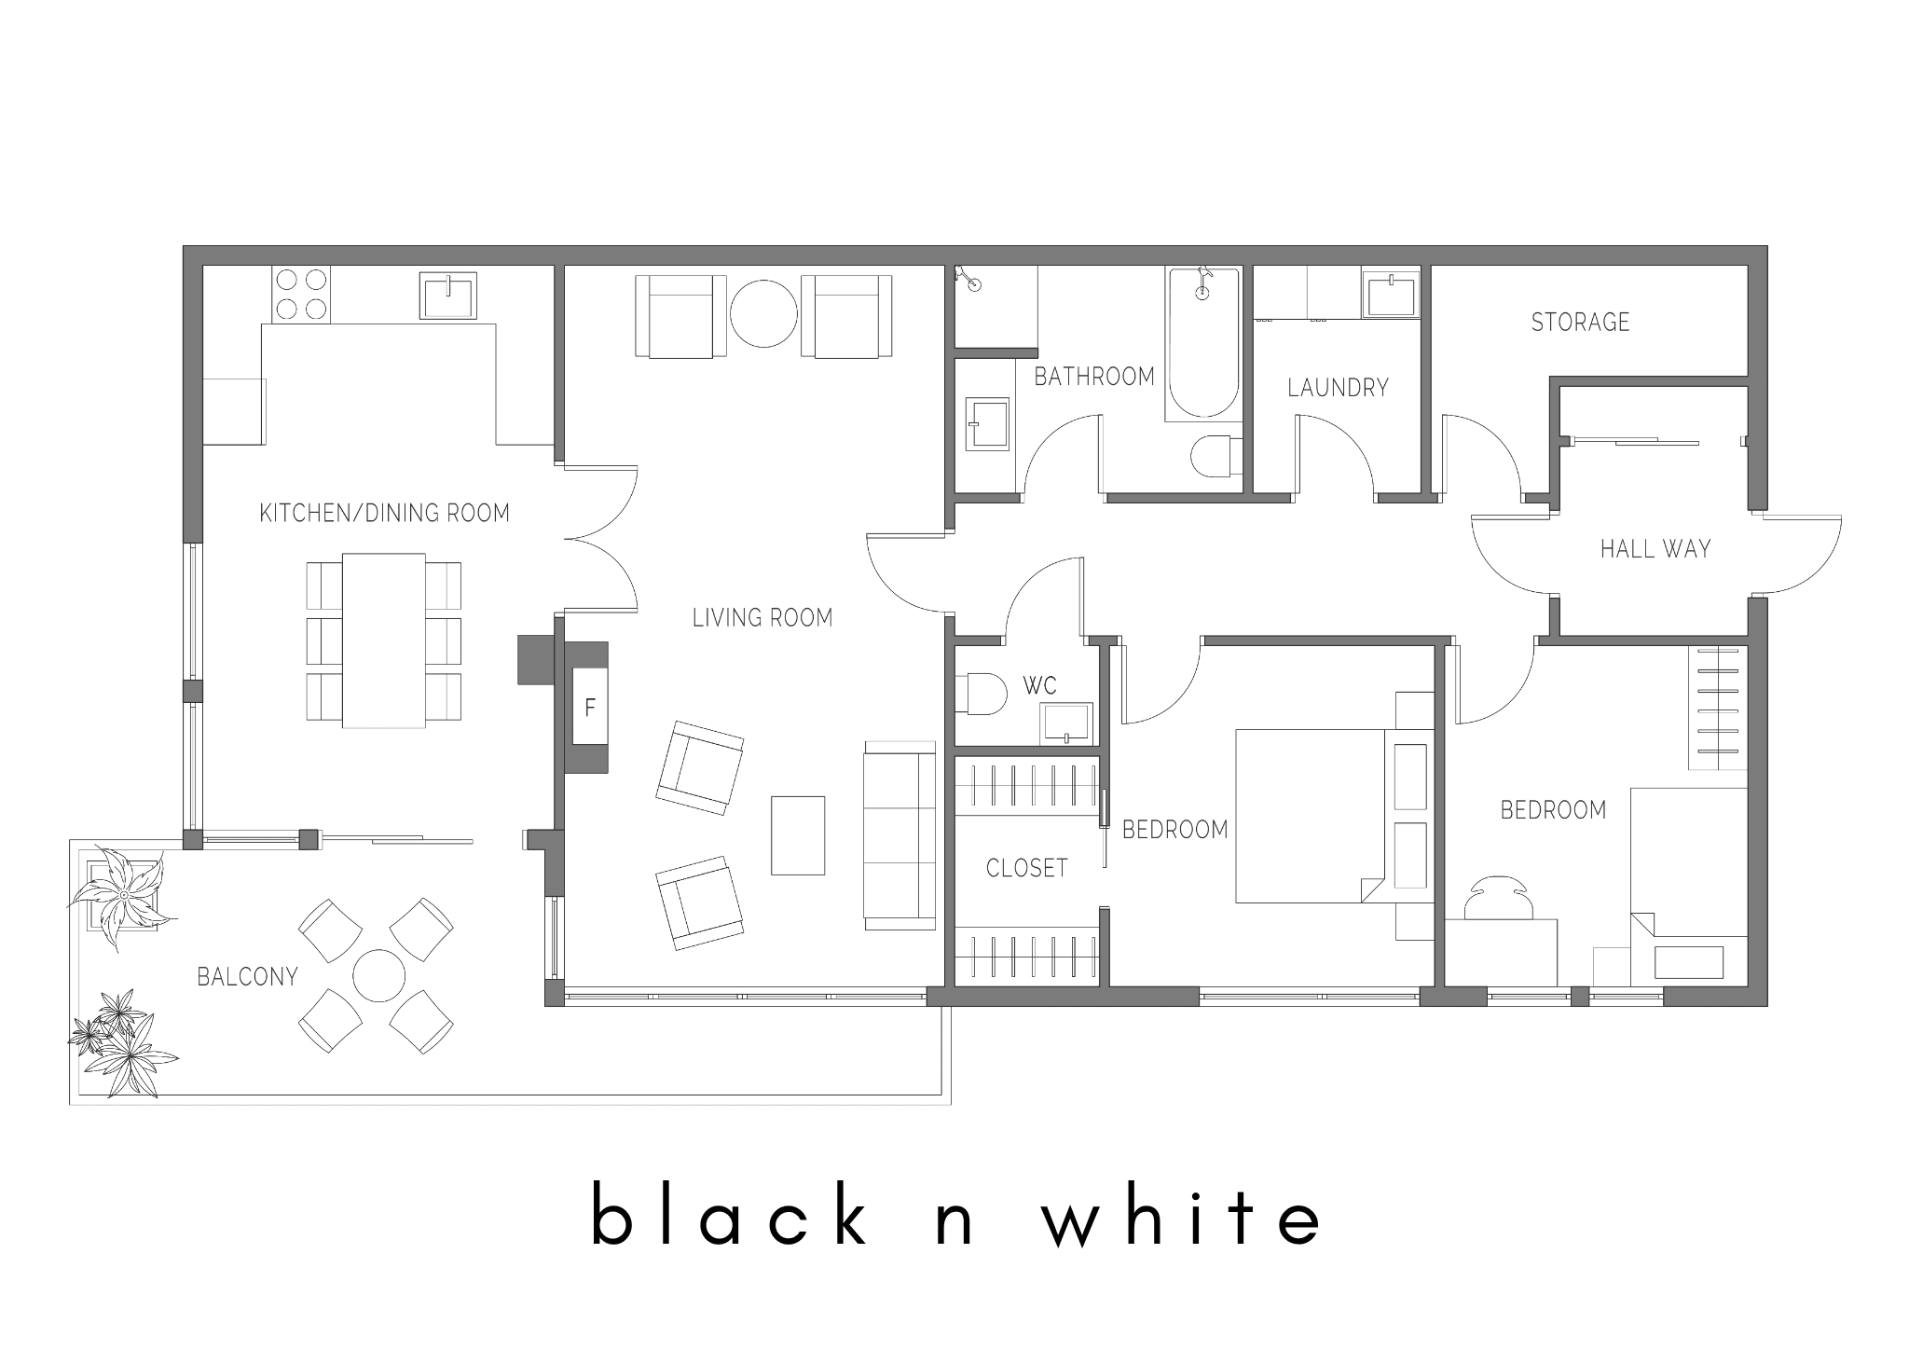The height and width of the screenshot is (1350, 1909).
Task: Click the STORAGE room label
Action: pyautogui.click(x=1580, y=323)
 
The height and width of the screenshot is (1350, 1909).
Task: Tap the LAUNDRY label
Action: pyautogui.click(x=1338, y=388)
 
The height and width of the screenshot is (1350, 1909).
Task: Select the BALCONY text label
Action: pyautogui.click(x=247, y=976)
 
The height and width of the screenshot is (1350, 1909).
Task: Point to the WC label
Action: pyautogui.click(x=1039, y=686)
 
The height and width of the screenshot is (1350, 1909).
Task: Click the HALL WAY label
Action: pyautogui.click(x=1655, y=549)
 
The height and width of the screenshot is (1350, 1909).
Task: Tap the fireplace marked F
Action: pyautogui.click(x=589, y=707)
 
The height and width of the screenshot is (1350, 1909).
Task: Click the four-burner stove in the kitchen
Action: pyautogui.click(x=301, y=295)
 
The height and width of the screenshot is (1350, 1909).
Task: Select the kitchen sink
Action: pyautogui.click(x=447, y=296)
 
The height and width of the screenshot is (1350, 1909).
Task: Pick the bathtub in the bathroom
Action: pyautogui.click(x=1203, y=342)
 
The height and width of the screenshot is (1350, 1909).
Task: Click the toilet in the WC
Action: pyautogui.click(x=982, y=694)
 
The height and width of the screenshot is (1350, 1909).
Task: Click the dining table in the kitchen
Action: pyautogui.click(x=384, y=640)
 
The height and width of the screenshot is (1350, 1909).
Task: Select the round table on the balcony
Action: pyautogui.click(x=379, y=976)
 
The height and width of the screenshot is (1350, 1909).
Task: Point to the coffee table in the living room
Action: pyautogui.click(x=798, y=835)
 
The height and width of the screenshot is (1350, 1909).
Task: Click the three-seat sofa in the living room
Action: pyautogui.click(x=900, y=835)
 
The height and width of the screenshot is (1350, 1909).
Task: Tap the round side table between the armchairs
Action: pyautogui.click(x=763, y=314)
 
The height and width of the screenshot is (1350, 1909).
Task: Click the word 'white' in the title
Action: pyautogui.click(x=1182, y=1214)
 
